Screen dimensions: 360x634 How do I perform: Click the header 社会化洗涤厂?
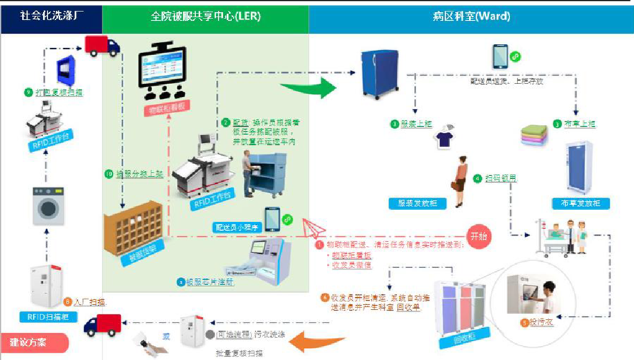tap(51, 16)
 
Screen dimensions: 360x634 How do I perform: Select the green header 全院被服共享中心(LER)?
tap(205, 16)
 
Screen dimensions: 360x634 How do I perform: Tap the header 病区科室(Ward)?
tap(471, 16)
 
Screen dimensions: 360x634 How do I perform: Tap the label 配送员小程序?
tap(236, 227)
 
